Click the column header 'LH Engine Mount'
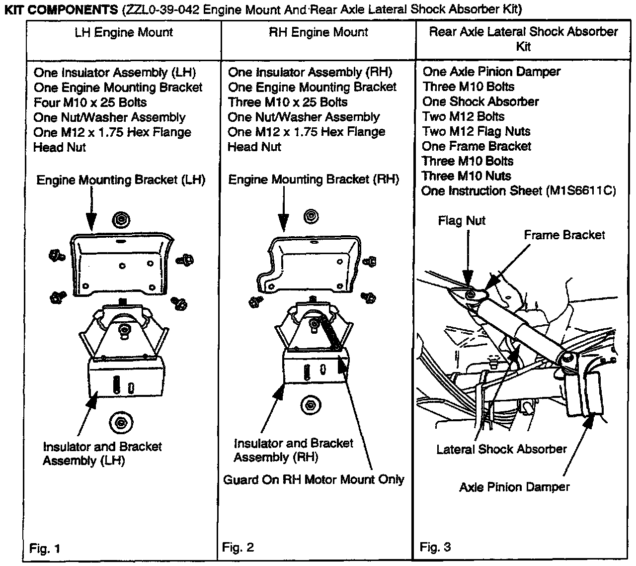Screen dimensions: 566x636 (124, 33)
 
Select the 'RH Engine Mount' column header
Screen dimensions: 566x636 (318, 33)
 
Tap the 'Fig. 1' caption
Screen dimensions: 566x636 (45, 549)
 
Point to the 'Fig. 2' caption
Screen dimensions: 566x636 (238, 548)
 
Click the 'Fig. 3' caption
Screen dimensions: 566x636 (435, 548)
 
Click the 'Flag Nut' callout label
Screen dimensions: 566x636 (462, 221)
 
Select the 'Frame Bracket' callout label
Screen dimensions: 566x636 (564, 235)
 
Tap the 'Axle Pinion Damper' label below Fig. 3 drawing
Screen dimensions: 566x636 (514, 487)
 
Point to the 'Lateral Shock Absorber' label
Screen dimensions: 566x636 (501, 450)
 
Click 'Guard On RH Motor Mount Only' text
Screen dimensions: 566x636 (314, 480)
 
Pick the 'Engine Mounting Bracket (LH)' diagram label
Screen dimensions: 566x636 (121, 180)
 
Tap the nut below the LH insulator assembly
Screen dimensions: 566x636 (120, 423)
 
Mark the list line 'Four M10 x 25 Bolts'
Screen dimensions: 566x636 (90, 103)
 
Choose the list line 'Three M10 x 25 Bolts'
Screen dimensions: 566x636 (288, 102)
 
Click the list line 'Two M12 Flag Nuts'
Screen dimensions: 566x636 (476, 132)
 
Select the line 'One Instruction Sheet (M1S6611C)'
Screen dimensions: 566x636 (518, 191)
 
